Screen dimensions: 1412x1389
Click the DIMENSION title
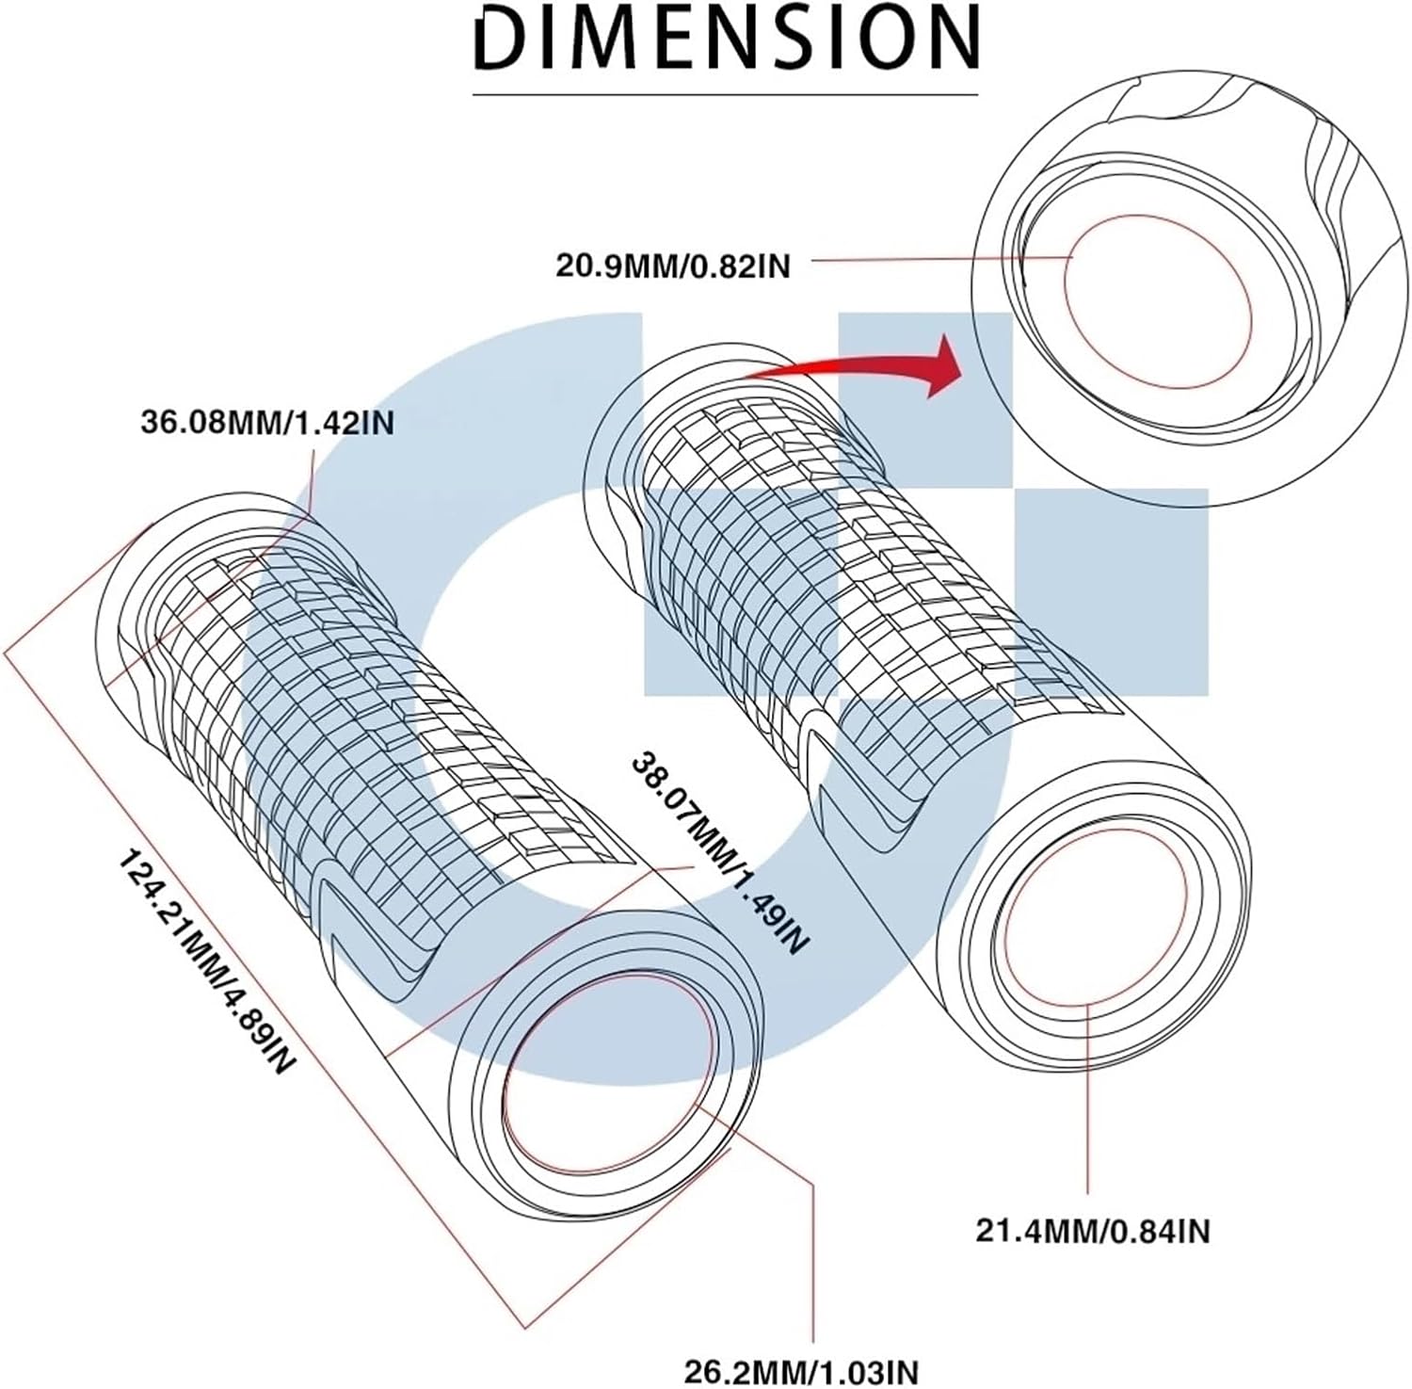click(x=726, y=40)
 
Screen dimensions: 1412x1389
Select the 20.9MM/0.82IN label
click(x=673, y=266)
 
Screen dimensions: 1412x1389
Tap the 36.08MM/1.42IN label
click(x=267, y=423)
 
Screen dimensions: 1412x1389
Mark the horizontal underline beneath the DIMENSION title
click(x=726, y=94)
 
